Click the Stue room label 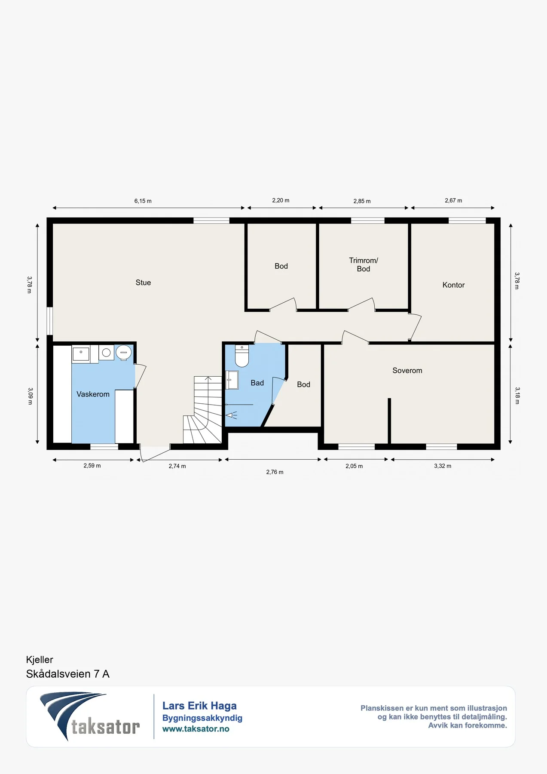143,283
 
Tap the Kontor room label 453,285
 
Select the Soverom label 407,370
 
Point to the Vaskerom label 93,394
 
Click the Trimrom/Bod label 364,264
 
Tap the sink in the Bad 232,380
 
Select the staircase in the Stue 202,410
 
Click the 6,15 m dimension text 143,201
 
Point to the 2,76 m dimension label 275,472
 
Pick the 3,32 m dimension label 443,466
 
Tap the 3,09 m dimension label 30,396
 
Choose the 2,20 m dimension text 281,200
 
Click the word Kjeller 40,660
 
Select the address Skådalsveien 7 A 68,674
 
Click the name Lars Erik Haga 199,706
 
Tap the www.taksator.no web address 196,729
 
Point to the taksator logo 90,716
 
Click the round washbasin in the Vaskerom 124,353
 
